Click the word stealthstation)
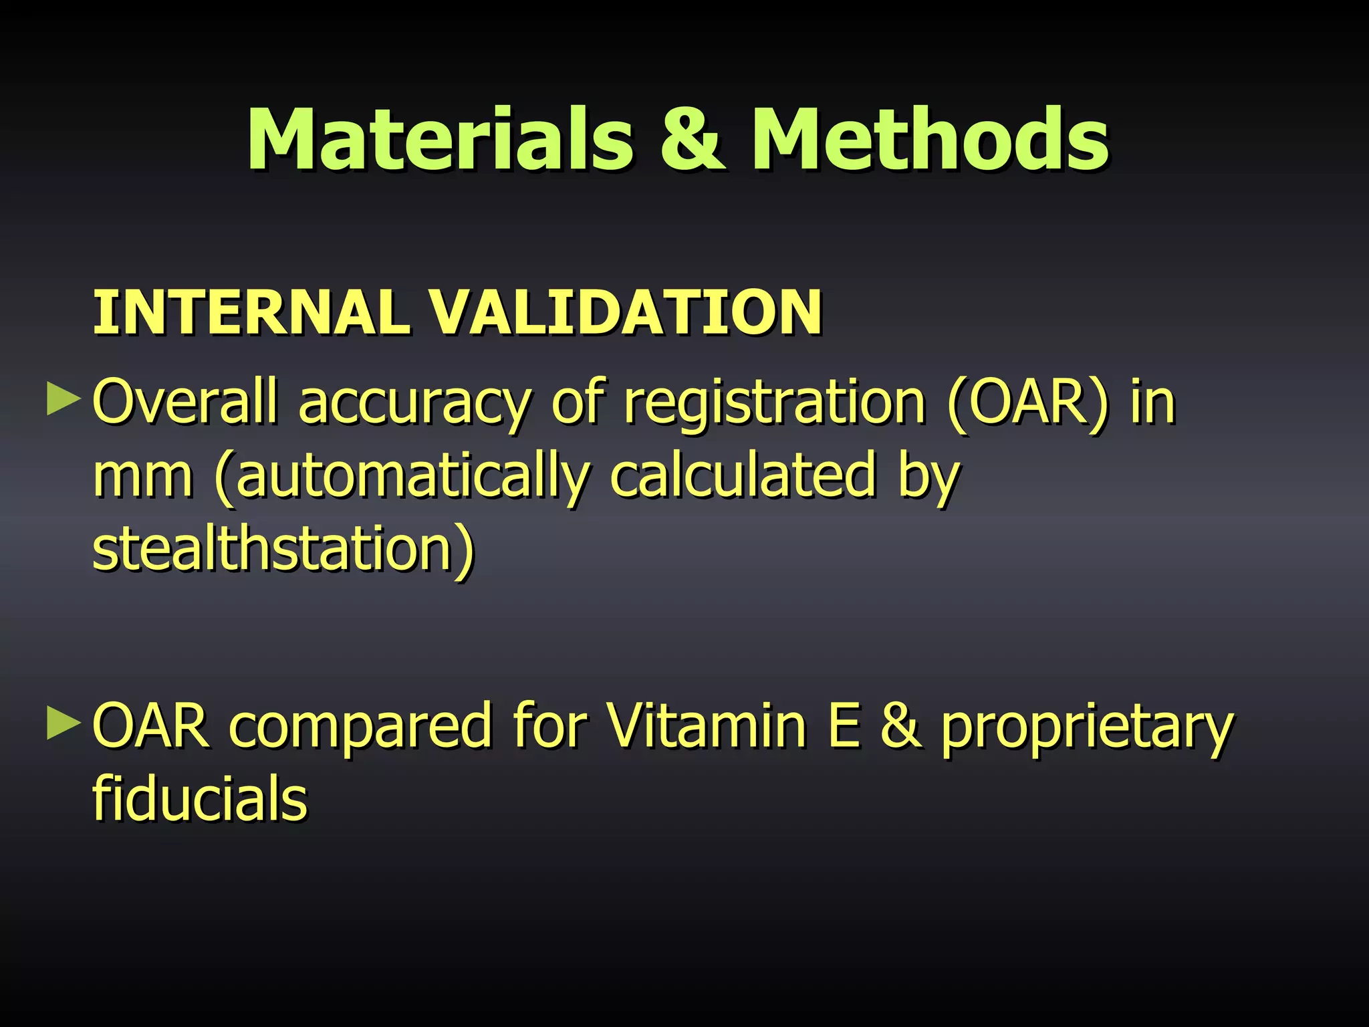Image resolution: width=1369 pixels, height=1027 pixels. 283,550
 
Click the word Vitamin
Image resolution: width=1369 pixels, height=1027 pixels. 706,725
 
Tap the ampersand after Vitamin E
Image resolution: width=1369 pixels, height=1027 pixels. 900,725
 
